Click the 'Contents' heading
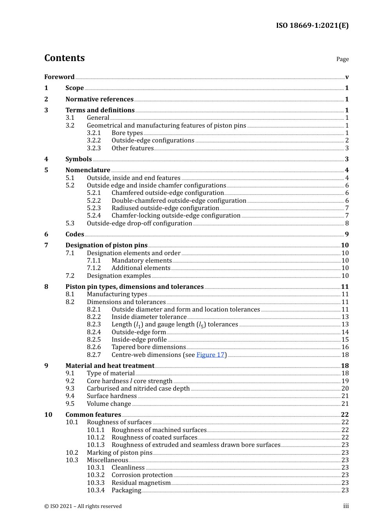(x=64, y=58)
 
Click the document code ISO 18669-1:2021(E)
(x=312, y=25)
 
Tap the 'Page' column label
(x=342, y=59)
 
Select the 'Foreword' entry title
(x=59, y=77)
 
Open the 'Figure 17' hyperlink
(x=210, y=355)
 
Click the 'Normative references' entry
(x=99, y=99)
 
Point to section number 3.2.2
(x=94, y=141)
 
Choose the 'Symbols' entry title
(x=78, y=159)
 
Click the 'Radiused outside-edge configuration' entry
(x=165, y=208)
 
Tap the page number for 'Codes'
(x=347, y=234)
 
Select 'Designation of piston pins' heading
(x=107, y=245)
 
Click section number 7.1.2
(x=94, y=268)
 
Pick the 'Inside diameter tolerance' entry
(x=149, y=317)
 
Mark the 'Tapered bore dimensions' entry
(x=148, y=347)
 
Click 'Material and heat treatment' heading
(x=110, y=366)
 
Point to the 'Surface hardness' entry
(x=112, y=396)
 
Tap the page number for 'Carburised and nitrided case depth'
(x=345, y=389)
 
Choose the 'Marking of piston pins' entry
(x=119, y=453)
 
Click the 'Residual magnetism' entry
(x=141, y=483)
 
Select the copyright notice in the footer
(x=83, y=506)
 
